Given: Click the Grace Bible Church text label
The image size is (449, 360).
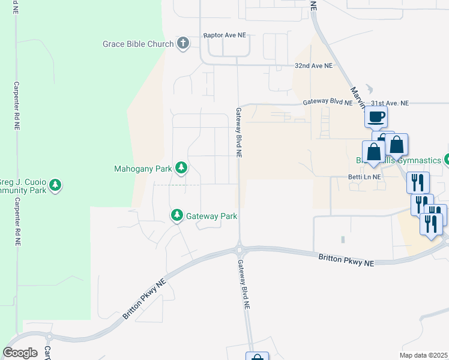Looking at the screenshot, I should click(x=138, y=44).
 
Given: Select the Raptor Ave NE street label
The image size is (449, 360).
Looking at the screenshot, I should click(x=224, y=36).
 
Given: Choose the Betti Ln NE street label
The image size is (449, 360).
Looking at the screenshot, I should click(x=364, y=177).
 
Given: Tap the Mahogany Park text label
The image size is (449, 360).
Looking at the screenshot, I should click(x=142, y=169).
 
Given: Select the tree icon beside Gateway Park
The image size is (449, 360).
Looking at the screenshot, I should click(x=177, y=215).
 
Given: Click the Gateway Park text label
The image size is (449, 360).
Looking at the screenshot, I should click(x=211, y=216).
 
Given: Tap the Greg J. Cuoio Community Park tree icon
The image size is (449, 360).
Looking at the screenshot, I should click(x=55, y=185).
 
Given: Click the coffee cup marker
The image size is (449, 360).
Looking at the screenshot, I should click(x=376, y=117).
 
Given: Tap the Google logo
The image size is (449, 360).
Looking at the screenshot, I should click(x=20, y=353).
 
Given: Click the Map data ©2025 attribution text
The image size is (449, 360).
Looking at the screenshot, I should click(x=423, y=355).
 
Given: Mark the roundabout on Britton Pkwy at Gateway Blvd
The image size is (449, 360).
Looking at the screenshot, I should click(x=240, y=248).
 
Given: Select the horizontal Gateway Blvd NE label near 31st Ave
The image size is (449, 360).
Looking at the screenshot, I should click(x=327, y=103).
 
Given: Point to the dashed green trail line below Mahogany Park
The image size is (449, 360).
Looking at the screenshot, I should click(x=176, y=185).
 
